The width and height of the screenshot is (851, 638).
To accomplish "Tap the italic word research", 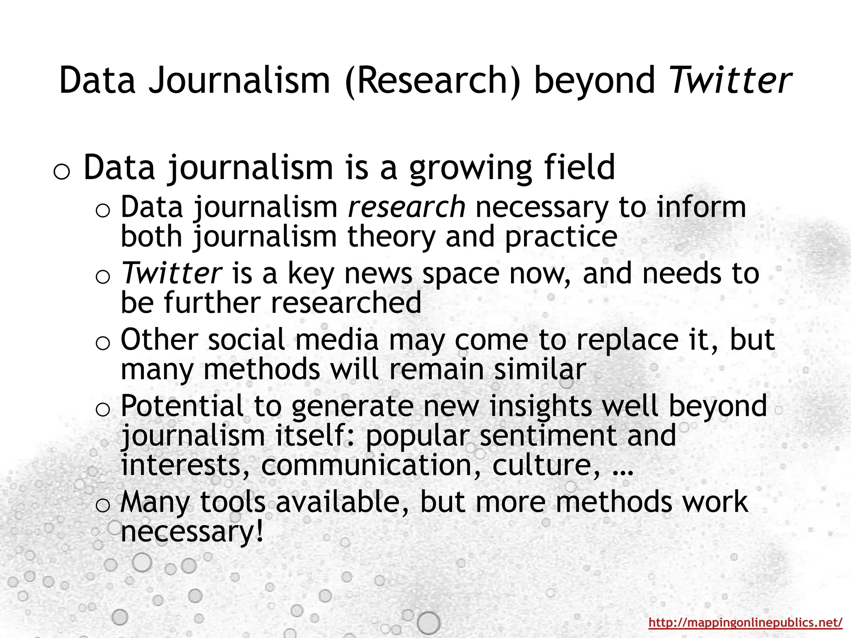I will pos(407,207).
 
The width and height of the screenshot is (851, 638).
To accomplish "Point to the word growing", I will pos(470,168).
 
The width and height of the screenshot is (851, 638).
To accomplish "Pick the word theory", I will pos(391,236).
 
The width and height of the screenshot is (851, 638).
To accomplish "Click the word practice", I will pos(561,237).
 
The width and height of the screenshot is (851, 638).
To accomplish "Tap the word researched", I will pos(346,302).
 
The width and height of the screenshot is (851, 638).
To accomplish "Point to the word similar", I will pos(540,369).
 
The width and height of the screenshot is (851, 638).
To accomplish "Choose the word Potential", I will pos(182,406).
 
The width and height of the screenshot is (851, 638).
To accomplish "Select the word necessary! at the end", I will pos(192,532).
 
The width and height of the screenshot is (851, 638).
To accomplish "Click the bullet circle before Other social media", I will pos(102,344).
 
